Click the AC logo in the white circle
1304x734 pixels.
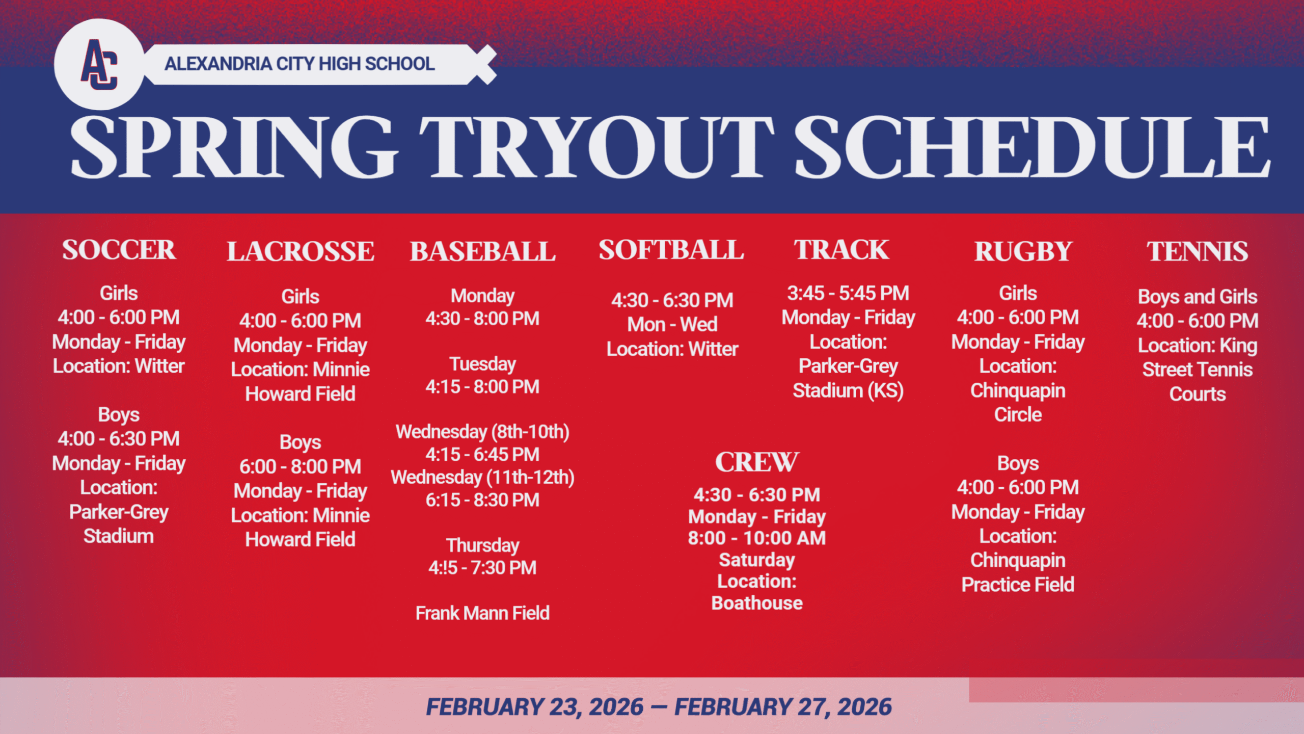(x=99, y=65)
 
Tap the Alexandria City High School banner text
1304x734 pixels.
(x=300, y=64)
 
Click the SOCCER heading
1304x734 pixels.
(x=119, y=250)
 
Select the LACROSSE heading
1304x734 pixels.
(x=301, y=251)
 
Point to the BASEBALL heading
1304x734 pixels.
(x=482, y=251)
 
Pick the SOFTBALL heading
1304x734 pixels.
(x=671, y=250)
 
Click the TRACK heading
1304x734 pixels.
(x=841, y=250)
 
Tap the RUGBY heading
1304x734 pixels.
(x=1023, y=251)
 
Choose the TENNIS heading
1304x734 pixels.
(x=1198, y=251)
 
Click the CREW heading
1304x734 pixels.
(x=757, y=462)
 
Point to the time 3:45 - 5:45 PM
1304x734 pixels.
(x=848, y=293)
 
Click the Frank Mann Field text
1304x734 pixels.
(x=482, y=613)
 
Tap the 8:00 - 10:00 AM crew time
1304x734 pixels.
(x=757, y=538)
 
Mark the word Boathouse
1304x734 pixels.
(x=757, y=603)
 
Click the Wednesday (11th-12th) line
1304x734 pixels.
(x=482, y=478)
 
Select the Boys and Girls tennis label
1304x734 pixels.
(x=1198, y=297)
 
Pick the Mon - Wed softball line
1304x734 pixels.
(x=672, y=324)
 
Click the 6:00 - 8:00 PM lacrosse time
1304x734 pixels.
(x=301, y=466)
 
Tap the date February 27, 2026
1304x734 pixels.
(x=783, y=707)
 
